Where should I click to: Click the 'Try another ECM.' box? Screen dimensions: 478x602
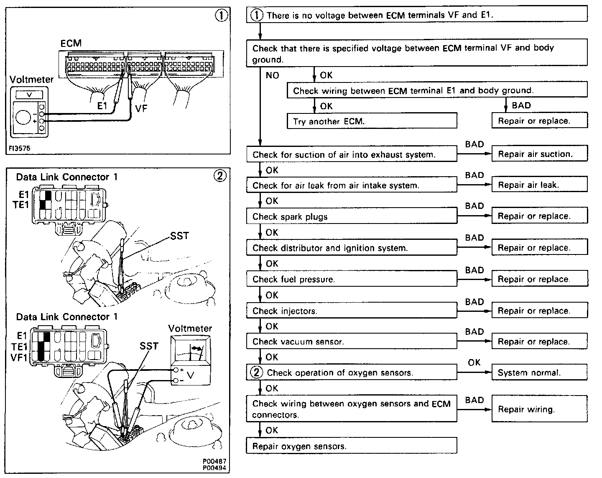[372, 121]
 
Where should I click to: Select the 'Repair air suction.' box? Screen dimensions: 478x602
[539, 154]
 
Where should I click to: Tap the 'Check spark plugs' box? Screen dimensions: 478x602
[352, 216]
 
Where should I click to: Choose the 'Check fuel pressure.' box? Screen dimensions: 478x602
[352, 279]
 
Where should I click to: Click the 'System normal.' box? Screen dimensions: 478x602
[539, 372]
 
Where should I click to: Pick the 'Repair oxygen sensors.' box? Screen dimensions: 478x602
[352, 446]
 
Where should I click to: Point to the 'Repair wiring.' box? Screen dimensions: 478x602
[539, 409]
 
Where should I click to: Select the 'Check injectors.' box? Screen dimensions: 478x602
[352, 311]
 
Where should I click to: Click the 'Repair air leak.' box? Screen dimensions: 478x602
[539, 185]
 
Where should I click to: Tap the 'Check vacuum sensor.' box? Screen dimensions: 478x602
[352, 342]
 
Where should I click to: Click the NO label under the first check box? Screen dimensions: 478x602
[272, 76]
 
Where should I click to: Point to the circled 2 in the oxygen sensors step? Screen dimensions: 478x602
[257, 372]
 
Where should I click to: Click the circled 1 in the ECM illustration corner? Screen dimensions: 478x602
[221, 16]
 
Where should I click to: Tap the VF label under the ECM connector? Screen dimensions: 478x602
[141, 108]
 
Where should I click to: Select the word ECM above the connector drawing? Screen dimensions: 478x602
[71, 44]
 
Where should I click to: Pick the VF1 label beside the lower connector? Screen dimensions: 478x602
[19, 358]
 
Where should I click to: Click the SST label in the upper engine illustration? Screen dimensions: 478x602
[180, 236]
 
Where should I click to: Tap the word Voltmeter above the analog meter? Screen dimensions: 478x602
[190, 329]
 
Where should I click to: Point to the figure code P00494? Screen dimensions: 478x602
[216, 468]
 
